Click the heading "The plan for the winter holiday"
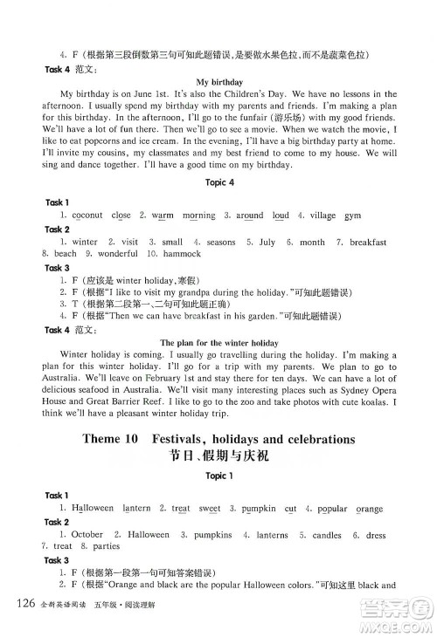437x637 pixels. coord(219,342)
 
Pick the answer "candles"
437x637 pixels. coord(327,534)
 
